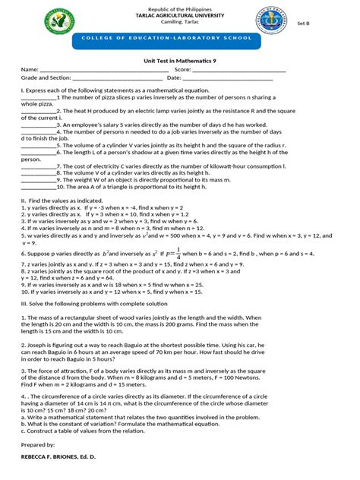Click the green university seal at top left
[x=56, y=21]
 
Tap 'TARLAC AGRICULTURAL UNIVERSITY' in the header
[x=180, y=14]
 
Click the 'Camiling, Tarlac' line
[x=180, y=21]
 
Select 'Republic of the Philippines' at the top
[x=180, y=8]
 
